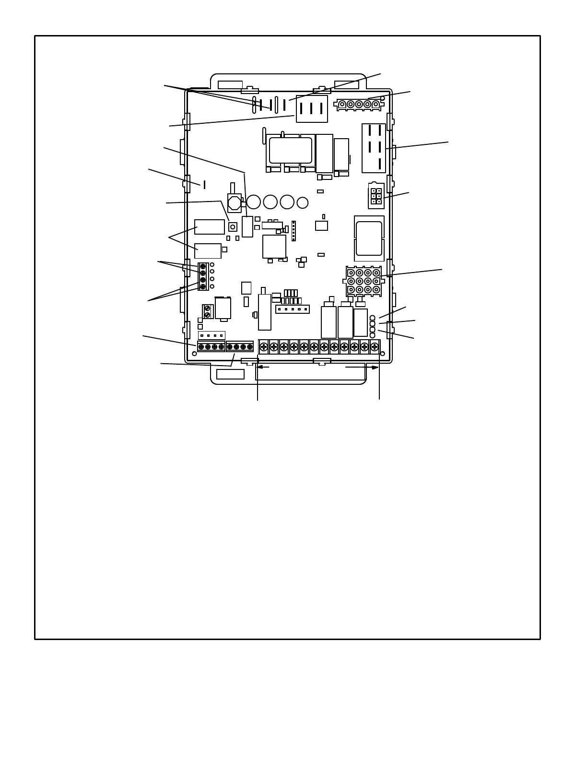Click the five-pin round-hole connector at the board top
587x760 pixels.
(359, 104)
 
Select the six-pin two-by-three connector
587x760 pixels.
(376, 196)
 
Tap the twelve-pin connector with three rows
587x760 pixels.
(364, 281)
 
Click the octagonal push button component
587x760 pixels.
(235, 203)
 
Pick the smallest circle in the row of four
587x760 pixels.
(302, 203)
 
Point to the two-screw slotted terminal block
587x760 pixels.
(207, 312)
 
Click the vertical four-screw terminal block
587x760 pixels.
(203, 276)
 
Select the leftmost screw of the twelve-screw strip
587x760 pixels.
(263, 346)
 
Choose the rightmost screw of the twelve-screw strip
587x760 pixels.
(375, 346)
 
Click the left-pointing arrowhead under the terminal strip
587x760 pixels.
(260, 368)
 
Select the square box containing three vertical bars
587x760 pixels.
(312, 109)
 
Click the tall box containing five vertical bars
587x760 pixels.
(374, 148)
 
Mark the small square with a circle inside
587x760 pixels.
(233, 226)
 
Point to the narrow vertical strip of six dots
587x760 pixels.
(293, 231)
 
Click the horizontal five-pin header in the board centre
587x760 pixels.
(292, 309)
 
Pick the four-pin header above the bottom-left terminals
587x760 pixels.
(211, 335)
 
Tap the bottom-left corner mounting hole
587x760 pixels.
(194, 354)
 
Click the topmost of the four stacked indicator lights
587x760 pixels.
(373, 318)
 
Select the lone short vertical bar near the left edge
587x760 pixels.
(205, 185)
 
